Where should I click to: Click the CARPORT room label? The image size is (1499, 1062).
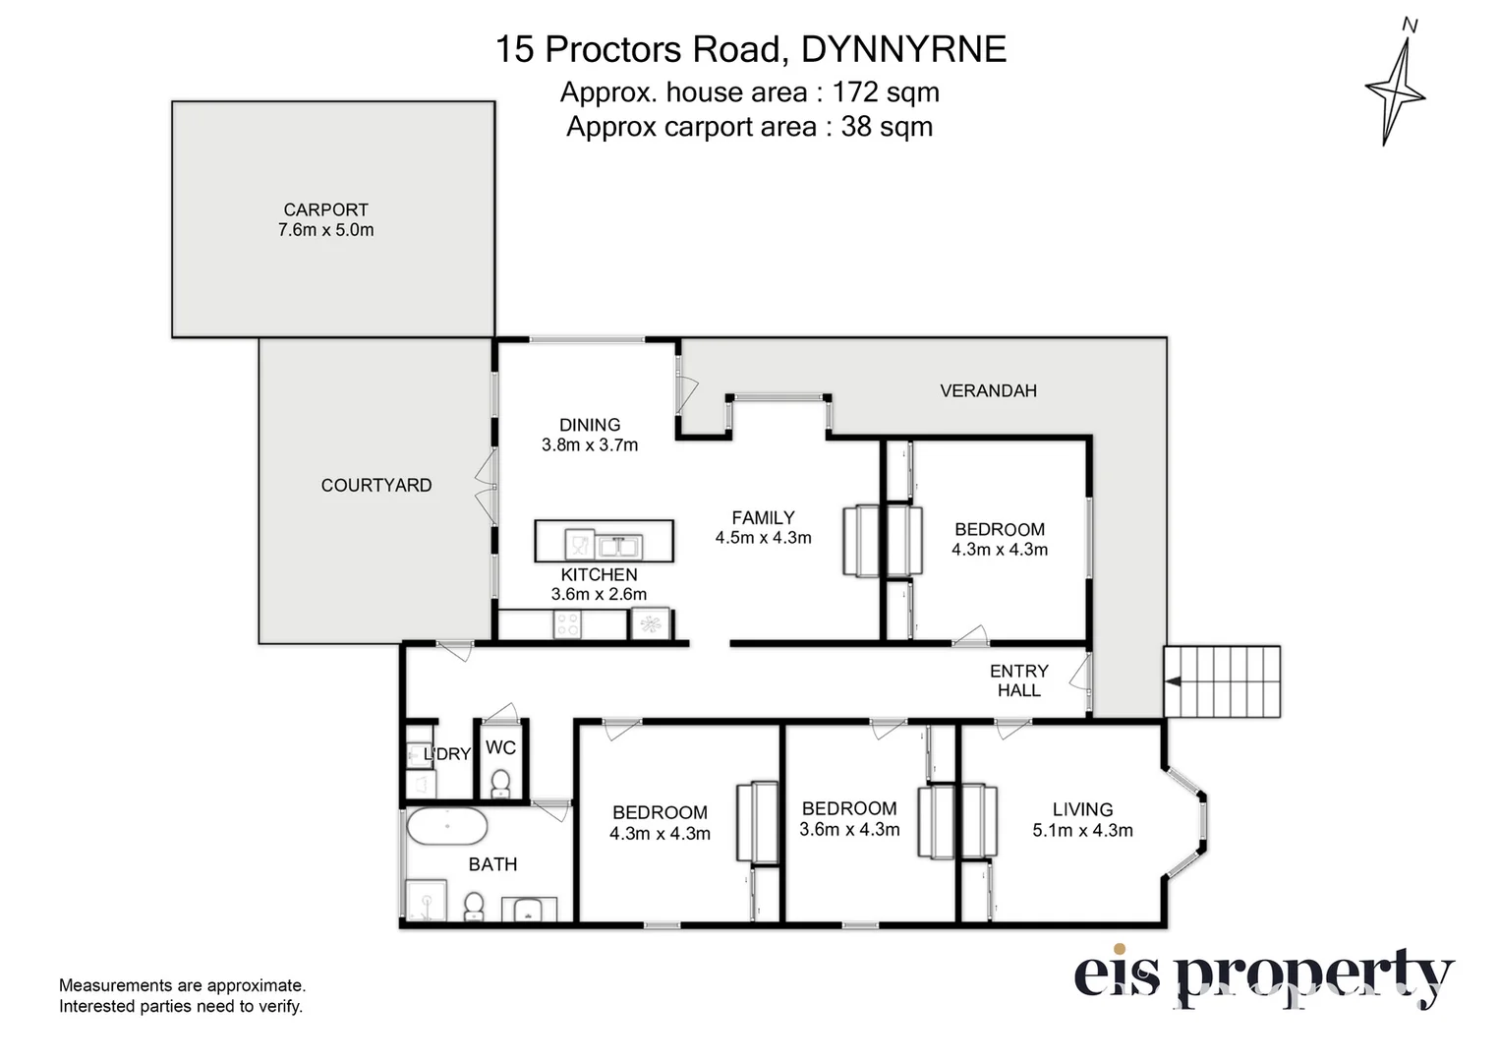click(325, 209)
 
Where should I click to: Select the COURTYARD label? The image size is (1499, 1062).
click(375, 485)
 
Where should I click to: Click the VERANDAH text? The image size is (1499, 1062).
click(988, 390)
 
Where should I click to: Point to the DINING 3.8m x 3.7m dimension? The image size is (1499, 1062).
click(590, 445)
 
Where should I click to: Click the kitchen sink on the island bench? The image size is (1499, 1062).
click(618, 545)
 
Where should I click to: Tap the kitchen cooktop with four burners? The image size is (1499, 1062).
click(567, 625)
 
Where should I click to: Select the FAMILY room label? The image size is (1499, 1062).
click(763, 517)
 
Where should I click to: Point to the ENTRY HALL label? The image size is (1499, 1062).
click(1018, 680)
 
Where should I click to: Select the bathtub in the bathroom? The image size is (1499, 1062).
click(446, 827)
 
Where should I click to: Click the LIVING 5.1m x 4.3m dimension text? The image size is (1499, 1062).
click(1082, 831)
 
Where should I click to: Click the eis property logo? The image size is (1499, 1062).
click(1262, 977)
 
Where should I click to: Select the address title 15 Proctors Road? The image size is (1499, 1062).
click(750, 49)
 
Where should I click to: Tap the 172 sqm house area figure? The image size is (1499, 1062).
click(885, 92)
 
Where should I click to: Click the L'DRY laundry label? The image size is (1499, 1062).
click(448, 754)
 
